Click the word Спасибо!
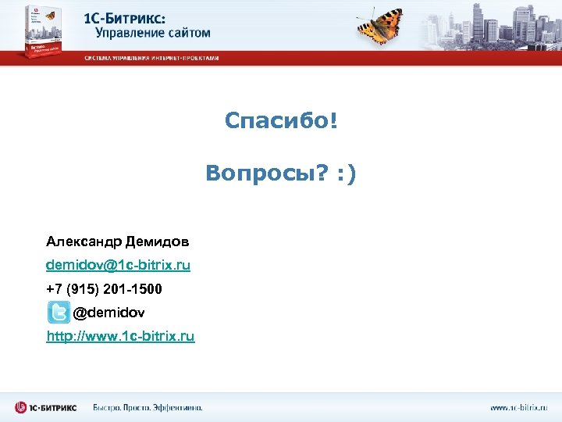[281, 121]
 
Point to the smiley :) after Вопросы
[346, 173]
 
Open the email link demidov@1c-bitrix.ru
[118, 265]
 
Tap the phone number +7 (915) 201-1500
[104, 289]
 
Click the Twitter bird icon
[58, 313]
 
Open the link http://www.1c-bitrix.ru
[120, 336]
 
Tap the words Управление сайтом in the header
[153, 33]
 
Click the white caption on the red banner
[151, 58]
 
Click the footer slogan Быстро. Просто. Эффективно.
[148, 407]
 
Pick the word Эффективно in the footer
[178, 407]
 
